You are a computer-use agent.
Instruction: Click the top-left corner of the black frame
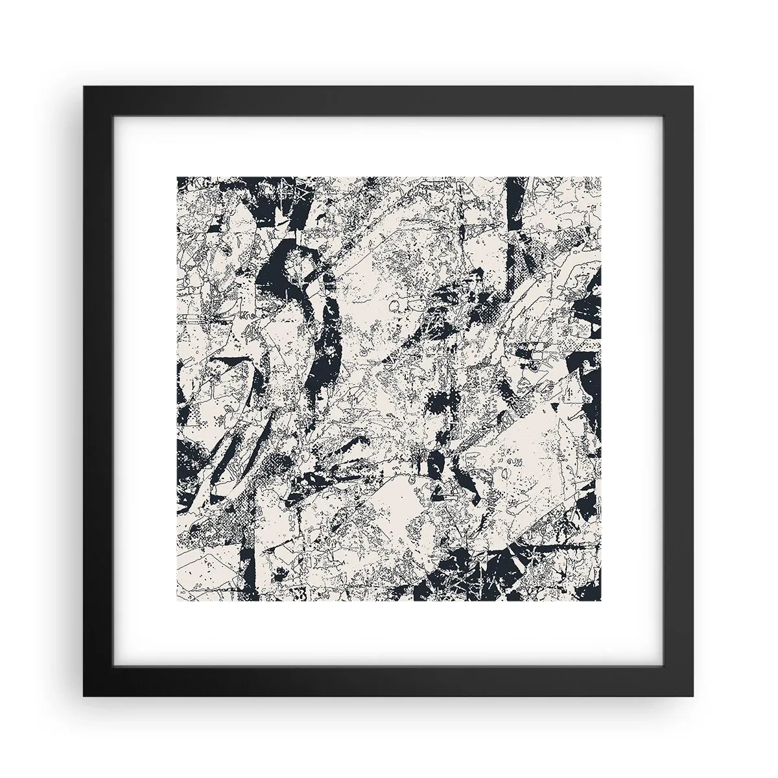[84, 87]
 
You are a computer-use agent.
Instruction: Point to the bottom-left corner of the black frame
[84, 696]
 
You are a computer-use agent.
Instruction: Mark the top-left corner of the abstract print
[177, 176]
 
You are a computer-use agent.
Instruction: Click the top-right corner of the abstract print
[602, 176]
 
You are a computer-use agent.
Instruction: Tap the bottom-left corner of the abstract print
[177, 602]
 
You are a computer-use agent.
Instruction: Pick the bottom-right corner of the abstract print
[602, 602]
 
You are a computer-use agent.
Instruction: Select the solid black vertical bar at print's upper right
[515, 194]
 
